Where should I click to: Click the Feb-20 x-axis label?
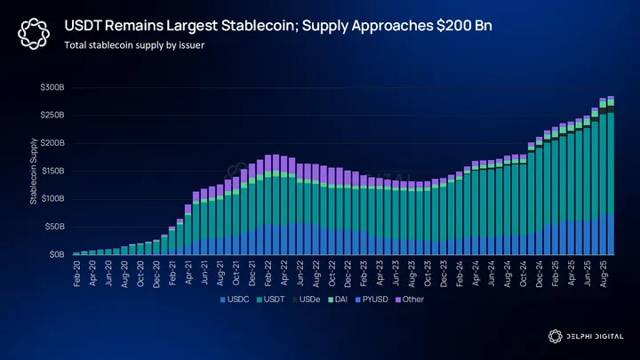[76, 272]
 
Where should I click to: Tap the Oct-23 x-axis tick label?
[428, 272]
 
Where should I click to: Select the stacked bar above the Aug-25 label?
[610, 178]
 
